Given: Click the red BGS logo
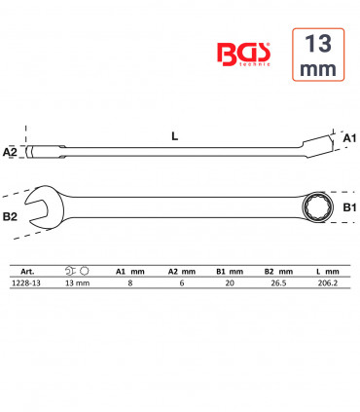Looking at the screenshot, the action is pos(243,55).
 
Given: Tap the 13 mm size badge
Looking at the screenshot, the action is pos(318,55).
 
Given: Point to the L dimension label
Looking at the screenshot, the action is pos(175,136).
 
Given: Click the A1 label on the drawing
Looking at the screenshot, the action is pos(349,138).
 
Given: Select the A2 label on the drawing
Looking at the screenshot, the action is pos(10,152).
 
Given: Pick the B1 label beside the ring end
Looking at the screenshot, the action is pos(349,207).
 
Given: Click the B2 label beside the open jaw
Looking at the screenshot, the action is pos(10,216).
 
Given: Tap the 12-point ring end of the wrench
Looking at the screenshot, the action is pos(314,207).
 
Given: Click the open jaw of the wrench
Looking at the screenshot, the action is pos(42,207).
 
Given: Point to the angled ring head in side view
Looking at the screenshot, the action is pos(318,147).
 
